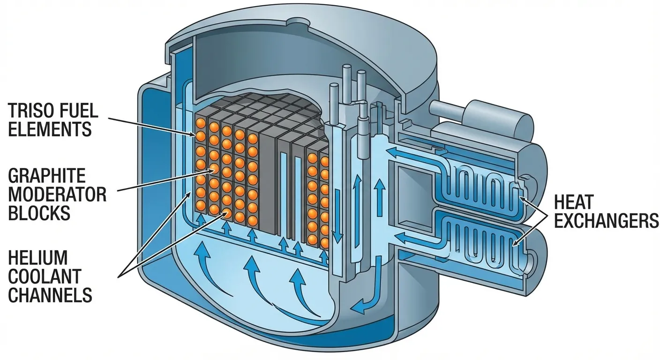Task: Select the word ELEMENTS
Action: [50, 128]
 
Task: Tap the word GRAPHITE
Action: [47, 176]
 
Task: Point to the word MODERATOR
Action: [57, 194]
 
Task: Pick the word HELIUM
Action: [38, 258]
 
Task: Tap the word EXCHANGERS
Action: [606, 220]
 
